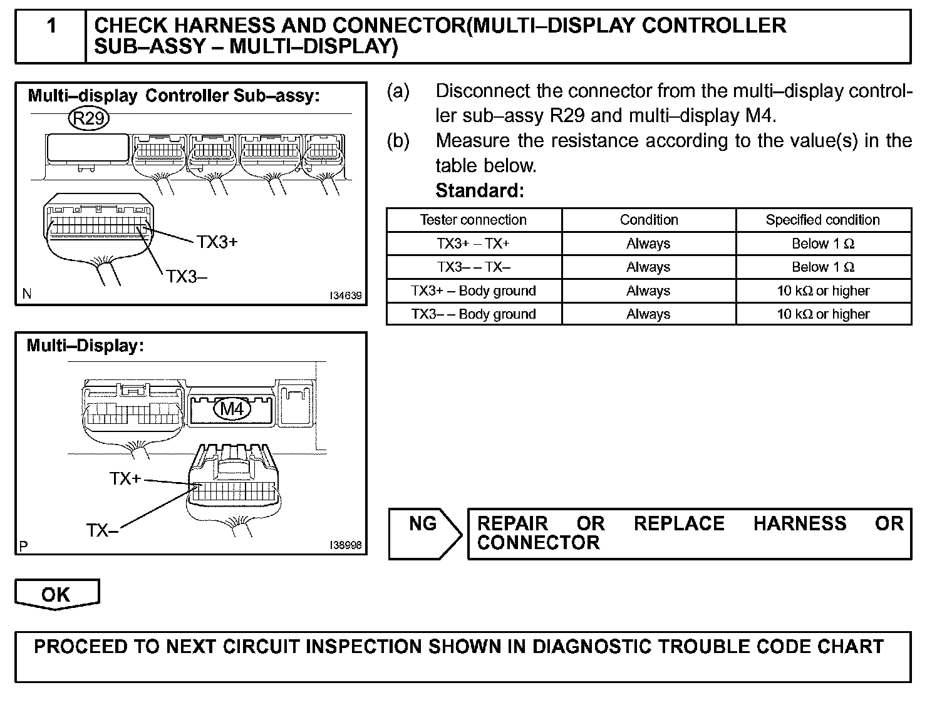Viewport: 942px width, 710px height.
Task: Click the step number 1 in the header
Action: click(51, 26)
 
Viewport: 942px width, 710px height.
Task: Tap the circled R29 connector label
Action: click(89, 118)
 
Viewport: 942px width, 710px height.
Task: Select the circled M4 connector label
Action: click(232, 409)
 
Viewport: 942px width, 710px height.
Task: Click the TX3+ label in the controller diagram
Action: click(217, 242)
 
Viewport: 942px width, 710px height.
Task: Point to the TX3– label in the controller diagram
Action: click(186, 276)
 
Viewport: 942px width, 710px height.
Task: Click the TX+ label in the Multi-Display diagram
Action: click(125, 479)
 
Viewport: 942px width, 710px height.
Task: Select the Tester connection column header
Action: click(473, 220)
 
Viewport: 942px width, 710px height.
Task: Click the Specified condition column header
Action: click(822, 220)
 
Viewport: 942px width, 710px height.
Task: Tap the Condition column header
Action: click(648, 220)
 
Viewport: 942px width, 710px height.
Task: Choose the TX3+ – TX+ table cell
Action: click(473, 244)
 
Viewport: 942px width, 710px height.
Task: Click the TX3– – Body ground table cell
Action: click(473, 314)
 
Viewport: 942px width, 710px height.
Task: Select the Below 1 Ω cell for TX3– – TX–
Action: click(822, 267)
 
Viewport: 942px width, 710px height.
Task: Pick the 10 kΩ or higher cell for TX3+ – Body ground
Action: click(822, 291)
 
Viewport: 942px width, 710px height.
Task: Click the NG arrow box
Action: click(424, 533)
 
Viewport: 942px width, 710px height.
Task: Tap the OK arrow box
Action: click(56, 594)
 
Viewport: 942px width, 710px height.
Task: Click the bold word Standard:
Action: click(479, 190)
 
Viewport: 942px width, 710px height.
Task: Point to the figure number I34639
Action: click(346, 296)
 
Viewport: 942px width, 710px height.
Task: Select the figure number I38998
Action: click(346, 545)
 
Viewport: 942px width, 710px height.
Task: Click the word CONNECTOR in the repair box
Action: click(538, 542)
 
